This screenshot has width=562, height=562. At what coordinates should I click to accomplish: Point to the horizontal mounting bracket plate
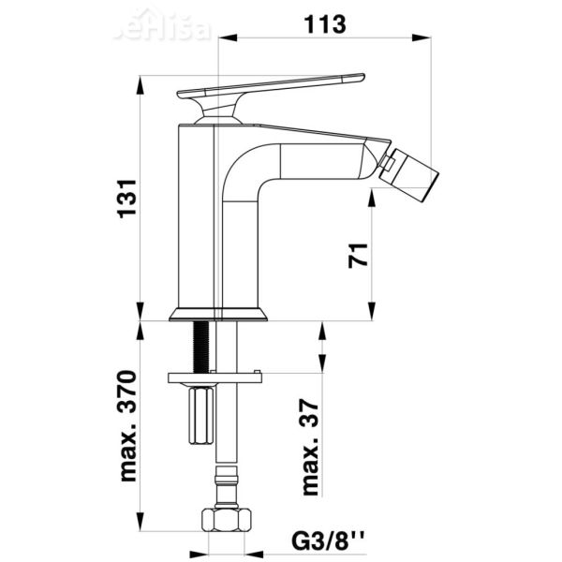[214, 378]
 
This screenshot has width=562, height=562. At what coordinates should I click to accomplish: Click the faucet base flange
[218, 315]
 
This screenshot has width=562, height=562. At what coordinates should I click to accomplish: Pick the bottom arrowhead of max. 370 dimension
[141, 527]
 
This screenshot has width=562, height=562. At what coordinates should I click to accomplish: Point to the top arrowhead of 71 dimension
[374, 192]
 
